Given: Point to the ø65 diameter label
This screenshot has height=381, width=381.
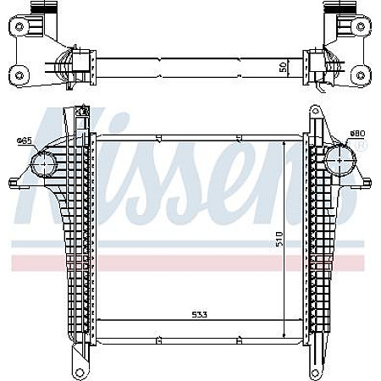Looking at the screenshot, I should tap(25, 141).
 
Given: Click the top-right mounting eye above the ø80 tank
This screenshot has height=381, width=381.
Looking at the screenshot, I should tap(314, 111).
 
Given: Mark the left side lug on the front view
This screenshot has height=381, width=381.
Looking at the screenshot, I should tap(14, 181).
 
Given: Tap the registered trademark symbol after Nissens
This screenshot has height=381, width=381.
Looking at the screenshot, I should tap(362, 146).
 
